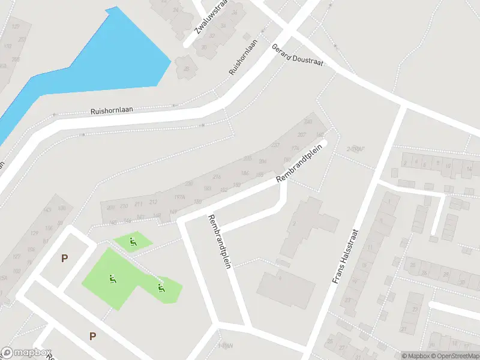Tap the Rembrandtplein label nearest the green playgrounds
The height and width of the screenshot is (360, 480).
(219, 241)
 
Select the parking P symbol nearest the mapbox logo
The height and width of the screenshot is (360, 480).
(92, 336)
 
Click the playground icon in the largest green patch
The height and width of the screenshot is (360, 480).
(112, 278)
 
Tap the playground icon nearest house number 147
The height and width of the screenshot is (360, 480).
(133, 242)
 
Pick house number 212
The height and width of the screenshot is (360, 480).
(153, 202)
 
